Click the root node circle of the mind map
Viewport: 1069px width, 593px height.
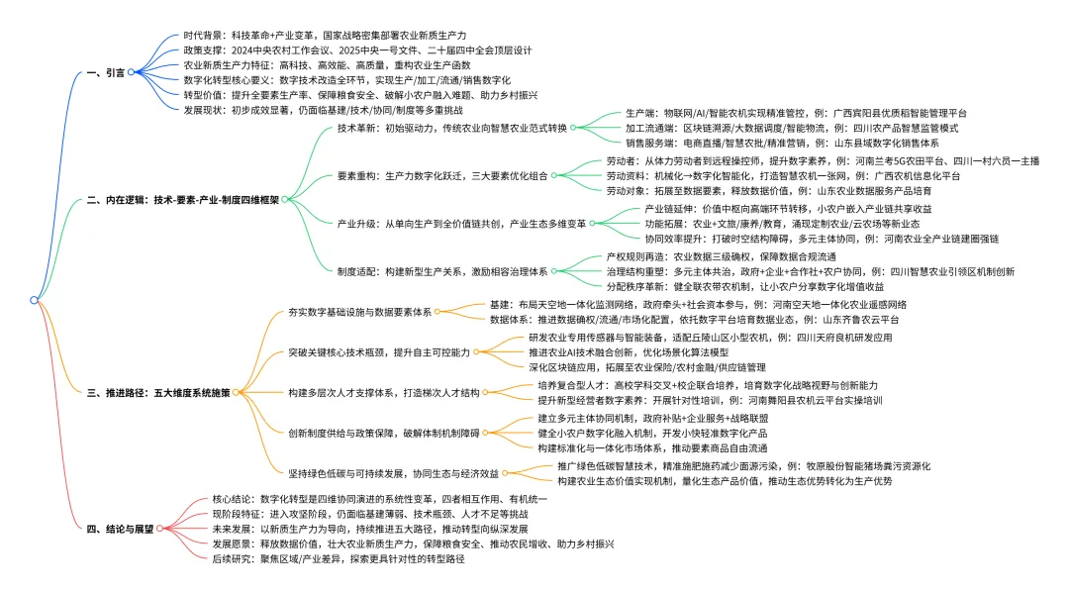coord(35,299)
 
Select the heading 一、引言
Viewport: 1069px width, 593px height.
coord(106,72)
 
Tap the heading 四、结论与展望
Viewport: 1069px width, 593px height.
coord(121,530)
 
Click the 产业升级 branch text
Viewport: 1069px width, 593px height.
coord(461,223)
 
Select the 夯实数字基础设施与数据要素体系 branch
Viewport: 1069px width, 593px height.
coord(359,312)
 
